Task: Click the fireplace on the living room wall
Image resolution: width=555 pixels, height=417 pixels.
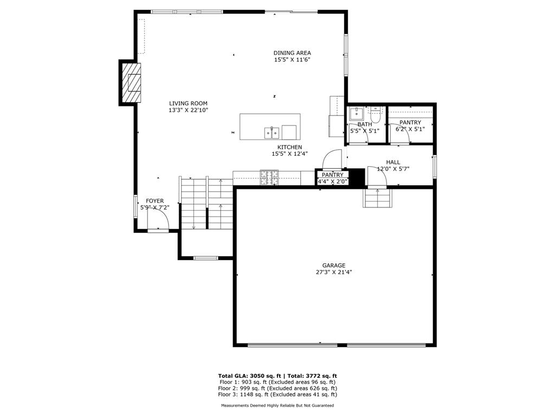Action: point(131,84)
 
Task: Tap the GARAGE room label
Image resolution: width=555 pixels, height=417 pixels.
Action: point(334,266)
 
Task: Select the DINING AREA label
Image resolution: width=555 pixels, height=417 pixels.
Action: point(292,53)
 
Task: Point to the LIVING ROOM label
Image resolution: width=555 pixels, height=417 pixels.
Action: point(188,103)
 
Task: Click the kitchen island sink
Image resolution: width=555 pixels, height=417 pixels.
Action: point(272,132)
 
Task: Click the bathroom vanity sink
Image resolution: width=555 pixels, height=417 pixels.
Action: point(356,113)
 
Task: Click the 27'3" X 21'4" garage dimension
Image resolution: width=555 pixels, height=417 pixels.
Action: point(334,273)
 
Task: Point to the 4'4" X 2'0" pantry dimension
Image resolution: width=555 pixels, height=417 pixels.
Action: point(333,181)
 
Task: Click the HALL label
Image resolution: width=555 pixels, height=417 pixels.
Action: point(393,162)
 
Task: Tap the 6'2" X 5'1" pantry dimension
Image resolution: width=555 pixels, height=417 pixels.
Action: point(410,129)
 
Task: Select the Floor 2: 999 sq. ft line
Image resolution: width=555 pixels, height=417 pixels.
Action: point(277,389)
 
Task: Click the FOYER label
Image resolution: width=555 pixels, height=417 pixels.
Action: point(154,201)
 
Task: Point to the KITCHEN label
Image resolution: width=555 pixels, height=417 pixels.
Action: point(289,147)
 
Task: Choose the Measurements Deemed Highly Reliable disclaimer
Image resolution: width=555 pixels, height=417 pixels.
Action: point(277,406)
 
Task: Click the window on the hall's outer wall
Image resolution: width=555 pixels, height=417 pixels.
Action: point(434,166)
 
